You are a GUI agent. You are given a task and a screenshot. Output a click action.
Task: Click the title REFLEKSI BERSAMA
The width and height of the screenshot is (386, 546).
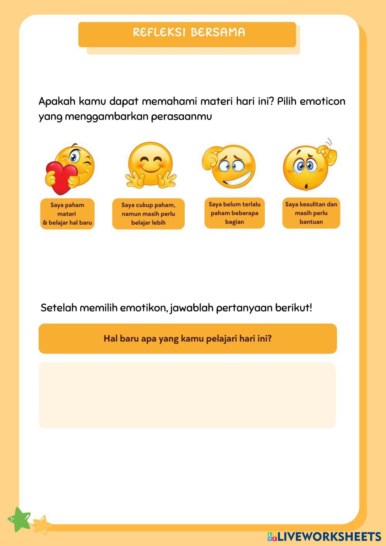(189, 32)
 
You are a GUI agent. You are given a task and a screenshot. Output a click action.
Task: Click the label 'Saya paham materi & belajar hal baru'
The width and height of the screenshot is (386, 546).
(67, 214)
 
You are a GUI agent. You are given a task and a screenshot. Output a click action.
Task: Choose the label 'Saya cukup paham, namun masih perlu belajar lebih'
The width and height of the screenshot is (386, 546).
(148, 214)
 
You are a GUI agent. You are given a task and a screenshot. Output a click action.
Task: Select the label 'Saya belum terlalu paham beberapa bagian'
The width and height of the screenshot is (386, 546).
(234, 213)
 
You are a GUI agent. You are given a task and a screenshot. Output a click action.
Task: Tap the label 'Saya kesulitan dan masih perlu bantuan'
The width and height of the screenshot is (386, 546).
(311, 213)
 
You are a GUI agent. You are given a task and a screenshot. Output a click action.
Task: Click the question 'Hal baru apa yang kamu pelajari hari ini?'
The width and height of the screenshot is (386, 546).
(188, 339)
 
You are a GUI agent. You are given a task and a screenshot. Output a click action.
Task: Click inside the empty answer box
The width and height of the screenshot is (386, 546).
(187, 395)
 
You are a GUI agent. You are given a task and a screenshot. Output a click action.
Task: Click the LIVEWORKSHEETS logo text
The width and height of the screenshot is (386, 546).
(329, 536)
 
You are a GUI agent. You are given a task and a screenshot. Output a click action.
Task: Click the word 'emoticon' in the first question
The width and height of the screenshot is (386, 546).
(322, 102)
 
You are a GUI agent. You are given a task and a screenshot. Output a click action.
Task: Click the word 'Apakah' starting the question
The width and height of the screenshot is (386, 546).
(57, 102)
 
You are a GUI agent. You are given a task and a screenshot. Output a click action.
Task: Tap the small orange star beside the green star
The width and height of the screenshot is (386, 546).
(42, 524)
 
